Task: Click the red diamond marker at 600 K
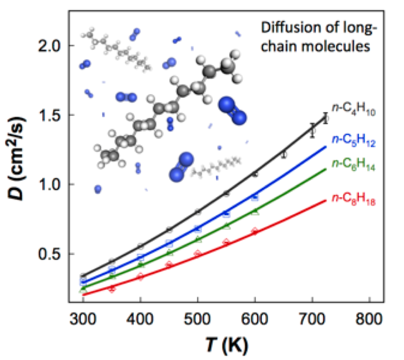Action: click(255, 231)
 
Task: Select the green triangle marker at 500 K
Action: click(198, 239)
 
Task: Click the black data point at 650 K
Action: click(284, 155)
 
